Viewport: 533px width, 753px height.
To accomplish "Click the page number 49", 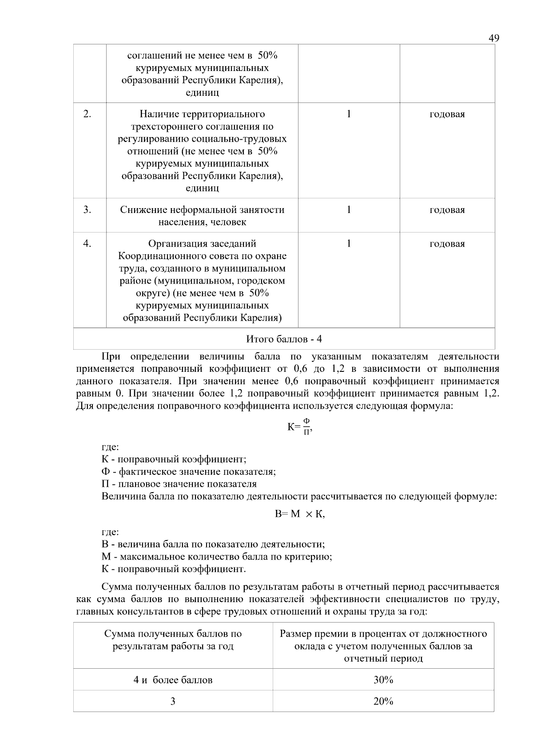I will [494, 38].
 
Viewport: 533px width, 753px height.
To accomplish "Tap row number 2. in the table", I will [87, 114].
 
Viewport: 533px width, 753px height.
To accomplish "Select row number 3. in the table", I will [87, 209].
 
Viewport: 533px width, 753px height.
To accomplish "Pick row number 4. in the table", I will [87, 244].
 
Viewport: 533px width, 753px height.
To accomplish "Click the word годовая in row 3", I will [447, 210].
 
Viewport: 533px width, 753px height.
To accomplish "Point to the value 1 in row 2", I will [349, 114].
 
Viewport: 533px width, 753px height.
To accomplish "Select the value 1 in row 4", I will [349, 244].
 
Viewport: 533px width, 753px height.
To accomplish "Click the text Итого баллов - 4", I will [284, 339].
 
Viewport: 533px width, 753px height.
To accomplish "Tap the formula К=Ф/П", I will [300, 427].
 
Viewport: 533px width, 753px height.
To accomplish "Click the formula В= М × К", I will [300, 514].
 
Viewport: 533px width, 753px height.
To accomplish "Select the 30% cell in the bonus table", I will [383, 680].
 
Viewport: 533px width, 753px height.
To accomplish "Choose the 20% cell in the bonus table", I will [383, 701].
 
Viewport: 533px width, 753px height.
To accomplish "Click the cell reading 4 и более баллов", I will [173, 680].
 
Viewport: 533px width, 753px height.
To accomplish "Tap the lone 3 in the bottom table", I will [173, 701].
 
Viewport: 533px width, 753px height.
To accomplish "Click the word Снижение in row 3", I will [139, 210].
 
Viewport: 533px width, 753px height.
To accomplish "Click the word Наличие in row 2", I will [157, 114].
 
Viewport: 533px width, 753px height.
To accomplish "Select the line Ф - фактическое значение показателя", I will [188, 471].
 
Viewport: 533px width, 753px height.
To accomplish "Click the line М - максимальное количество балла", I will [217, 556].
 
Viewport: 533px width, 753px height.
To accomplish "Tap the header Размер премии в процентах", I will [383, 634].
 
